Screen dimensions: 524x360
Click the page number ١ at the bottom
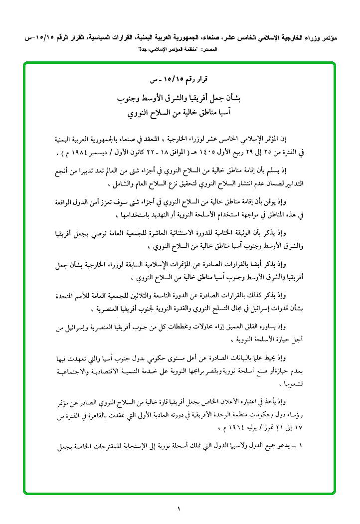point(178,509)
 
